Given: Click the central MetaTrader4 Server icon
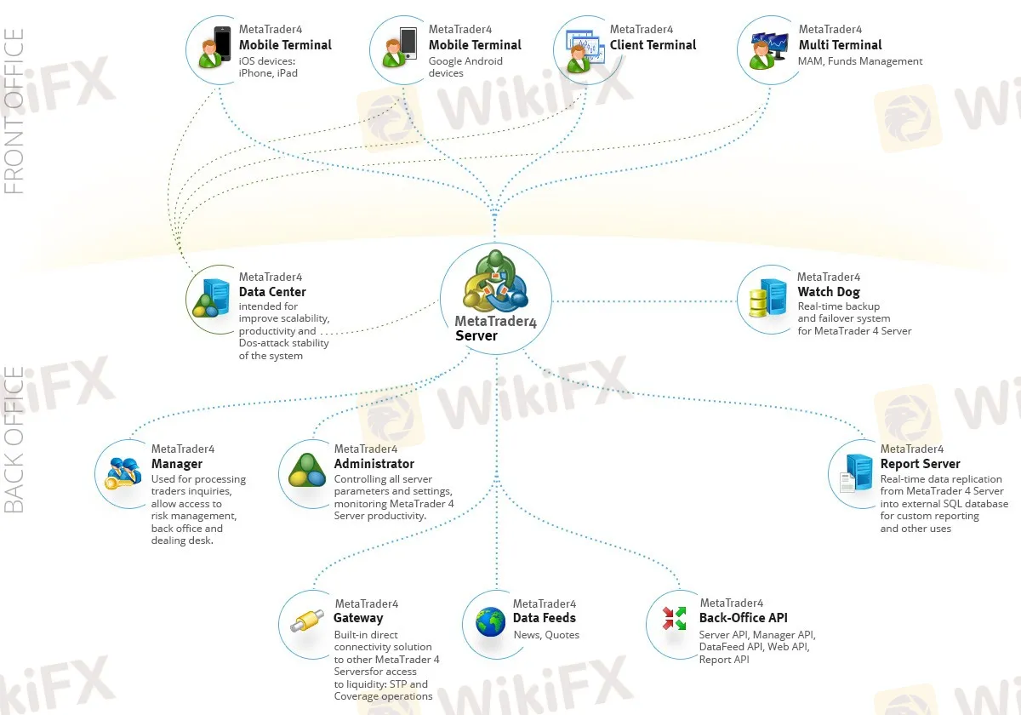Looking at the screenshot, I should point(495,283).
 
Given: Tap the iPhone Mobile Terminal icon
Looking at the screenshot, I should point(215,48).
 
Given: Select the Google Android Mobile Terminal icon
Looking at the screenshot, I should point(402,48).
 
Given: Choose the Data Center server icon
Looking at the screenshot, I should point(211,298).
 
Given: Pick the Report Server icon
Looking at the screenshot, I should point(854,473).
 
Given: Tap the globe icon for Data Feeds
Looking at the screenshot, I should point(491,622).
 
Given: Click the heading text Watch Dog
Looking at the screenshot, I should point(829,292).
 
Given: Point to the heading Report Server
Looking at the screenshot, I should point(920,464).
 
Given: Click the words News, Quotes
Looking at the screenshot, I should point(546,635).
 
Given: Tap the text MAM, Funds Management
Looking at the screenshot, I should point(860,61).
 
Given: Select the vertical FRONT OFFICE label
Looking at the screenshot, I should point(15,111).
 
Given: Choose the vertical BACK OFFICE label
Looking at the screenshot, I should point(15,440).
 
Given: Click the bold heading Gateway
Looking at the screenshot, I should point(358,619).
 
